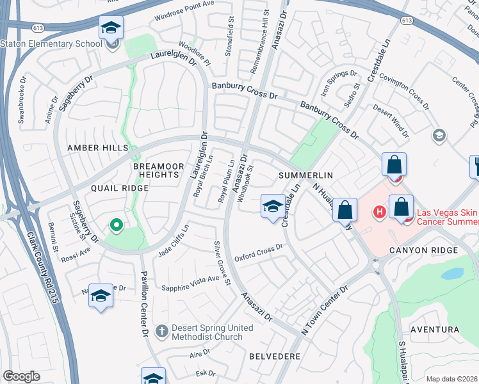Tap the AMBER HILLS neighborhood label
point(98,148)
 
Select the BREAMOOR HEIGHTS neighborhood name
point(155,170)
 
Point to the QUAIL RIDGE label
point(111,188)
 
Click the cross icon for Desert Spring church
point(162,331)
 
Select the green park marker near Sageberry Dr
point(116,225)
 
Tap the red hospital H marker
point(379,211)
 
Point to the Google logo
point(21,376)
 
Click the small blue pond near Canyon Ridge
point(452,273)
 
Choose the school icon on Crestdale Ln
point(273,207)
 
